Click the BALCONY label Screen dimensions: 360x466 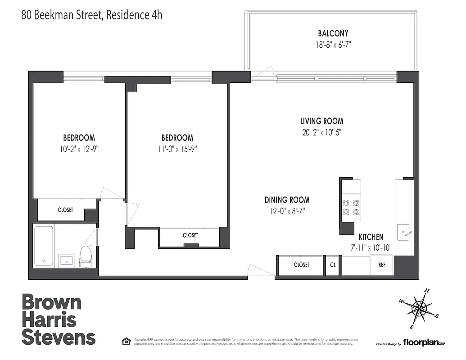click(333, 33)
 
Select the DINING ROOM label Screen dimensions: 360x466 click(287, 200)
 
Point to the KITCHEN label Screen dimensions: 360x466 click(371, 237)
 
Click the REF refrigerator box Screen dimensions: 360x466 click(381, 265)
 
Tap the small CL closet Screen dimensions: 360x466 click(332, 265)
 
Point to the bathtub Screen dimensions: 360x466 click(44, 246)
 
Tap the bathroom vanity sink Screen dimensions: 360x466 click(67, 260)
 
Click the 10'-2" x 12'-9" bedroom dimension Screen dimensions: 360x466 click(79, 149)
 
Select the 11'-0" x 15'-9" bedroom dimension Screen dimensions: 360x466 click(177, 149)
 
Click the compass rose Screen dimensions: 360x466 click(419, 308)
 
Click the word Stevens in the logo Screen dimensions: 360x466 click(59, 337)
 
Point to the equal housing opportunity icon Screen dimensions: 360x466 click(127, 341)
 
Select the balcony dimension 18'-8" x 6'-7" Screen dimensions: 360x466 click(333, 45)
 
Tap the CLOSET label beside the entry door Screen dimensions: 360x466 click(301, 265)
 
